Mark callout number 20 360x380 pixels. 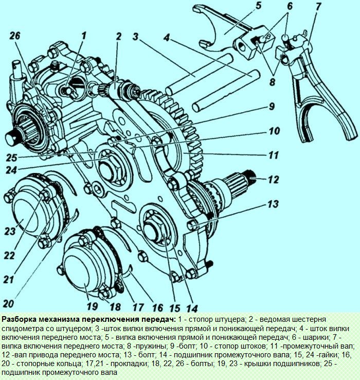pyautogui.click(x=10, y=303)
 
